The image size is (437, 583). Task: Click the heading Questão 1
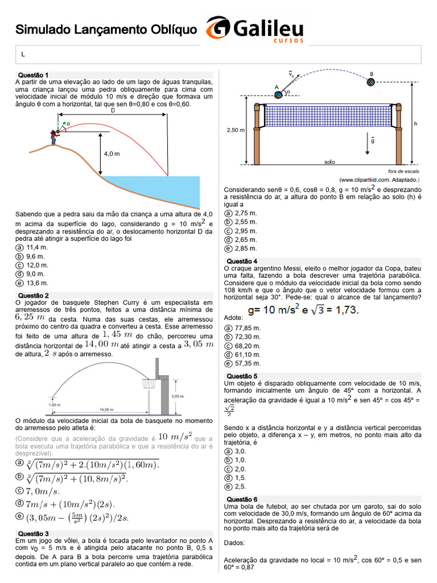coord(33,75)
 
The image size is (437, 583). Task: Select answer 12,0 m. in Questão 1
coord(37,265)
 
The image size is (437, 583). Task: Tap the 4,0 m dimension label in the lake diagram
coord(112,154)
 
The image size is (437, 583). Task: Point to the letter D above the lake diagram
coord(113,110)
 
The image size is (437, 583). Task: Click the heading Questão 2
coord(34,295)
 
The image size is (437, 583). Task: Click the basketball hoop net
coord(149,384)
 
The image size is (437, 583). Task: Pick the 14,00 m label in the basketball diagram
coord(106,409)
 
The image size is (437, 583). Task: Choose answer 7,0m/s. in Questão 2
coord(42,491)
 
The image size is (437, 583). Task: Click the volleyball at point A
coord(278,95)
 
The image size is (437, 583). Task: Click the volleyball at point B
coord(370,82)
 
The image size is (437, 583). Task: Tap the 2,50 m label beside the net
coord(236,130)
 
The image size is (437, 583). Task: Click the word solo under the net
coord(329,162)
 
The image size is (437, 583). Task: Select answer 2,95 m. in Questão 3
coord(246,231)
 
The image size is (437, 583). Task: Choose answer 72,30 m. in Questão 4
coord(248,337)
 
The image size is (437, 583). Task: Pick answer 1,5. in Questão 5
coord(241,478)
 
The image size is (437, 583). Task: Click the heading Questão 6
coord(242,499)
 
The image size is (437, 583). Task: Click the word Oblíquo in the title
coord(174,30)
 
